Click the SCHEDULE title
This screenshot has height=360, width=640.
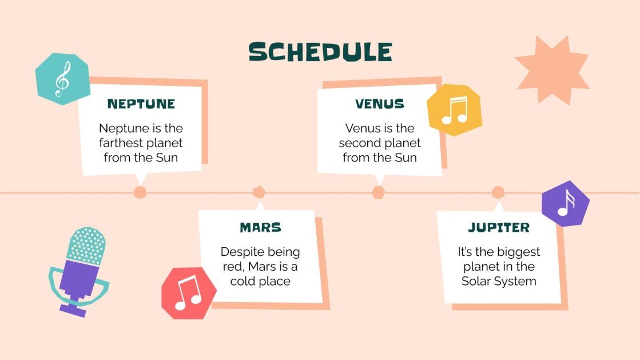(320, 52)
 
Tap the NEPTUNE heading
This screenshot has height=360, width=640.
(141, 104)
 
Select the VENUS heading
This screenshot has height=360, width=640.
(379, 104)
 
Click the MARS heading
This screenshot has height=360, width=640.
(260, 227)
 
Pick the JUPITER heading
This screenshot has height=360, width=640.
(499, 227)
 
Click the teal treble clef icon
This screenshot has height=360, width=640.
(62, 79)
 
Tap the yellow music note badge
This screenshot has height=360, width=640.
(454, 110)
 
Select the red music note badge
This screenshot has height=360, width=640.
(188, 293)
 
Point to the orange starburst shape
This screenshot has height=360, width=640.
(552, 71)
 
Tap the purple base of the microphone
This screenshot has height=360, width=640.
(73, 310)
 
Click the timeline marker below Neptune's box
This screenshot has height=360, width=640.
(140, 192)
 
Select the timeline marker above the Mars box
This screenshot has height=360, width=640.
(259, 192)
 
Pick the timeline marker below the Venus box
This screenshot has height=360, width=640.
(378, 192)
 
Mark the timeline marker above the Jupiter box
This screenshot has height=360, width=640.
(498, 192)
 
